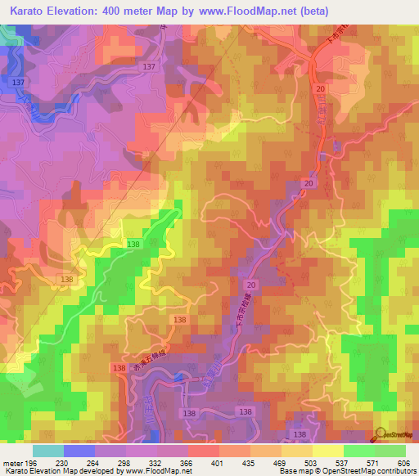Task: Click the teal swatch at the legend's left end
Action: coord(47,451)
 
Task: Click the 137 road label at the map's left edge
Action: coord(18,83)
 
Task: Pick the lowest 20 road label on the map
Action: coord(250,284)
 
